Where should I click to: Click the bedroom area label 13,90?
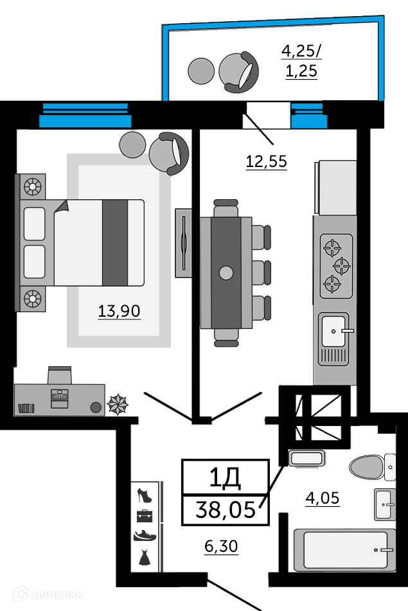click(119, 311)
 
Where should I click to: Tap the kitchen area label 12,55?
click(267, 161)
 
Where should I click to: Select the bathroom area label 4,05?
click(323, 498)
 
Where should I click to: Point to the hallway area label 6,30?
click(221, 546)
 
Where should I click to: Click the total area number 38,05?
click(226, 509)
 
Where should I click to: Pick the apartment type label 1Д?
click(226, 477)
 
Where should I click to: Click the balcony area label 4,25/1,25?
click(301, 61)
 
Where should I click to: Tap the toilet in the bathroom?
click(372, 467)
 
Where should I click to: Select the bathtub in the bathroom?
click(344, 549)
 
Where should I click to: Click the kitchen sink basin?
click(333, 332)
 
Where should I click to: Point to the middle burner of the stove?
click(342, 267)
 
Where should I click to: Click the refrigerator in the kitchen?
click(335, 187)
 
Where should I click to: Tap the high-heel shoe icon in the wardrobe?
click(144, 495)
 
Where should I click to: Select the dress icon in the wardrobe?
click(144, 557)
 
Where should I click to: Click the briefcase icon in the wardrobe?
click(145, 515)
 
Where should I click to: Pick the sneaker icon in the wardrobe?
click(145, 536)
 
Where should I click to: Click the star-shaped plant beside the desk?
click(118, 405)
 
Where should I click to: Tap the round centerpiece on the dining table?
click(226, 273)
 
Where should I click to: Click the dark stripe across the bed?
click(115, 243)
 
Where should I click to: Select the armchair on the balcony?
click(238, 72)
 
